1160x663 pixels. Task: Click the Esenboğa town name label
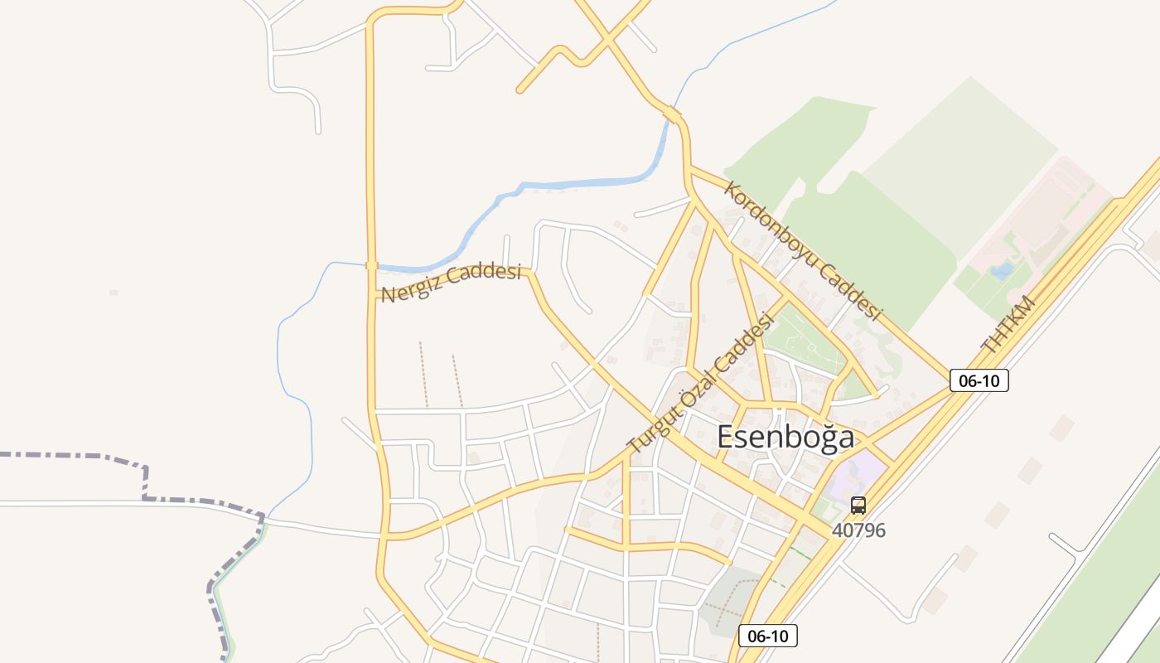(x=785, y=437)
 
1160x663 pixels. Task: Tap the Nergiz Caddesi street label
(x=451, y=283)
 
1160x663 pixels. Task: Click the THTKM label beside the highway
(x=1008, y=324)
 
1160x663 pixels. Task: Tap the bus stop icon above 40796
(x=858, y=505)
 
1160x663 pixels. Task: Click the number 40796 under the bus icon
(x=858, y=530)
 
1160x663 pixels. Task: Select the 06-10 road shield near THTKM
(x=979, y=380)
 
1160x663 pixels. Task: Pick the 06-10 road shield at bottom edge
(x=767, y=636)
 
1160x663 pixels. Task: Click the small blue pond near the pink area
(x=1002, y=270)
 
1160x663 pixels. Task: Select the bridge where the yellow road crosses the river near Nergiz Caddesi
(x=371, y=266)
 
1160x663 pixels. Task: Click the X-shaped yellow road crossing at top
(x=609, y=36)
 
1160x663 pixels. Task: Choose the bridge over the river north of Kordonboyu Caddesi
(x=673, y=114)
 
